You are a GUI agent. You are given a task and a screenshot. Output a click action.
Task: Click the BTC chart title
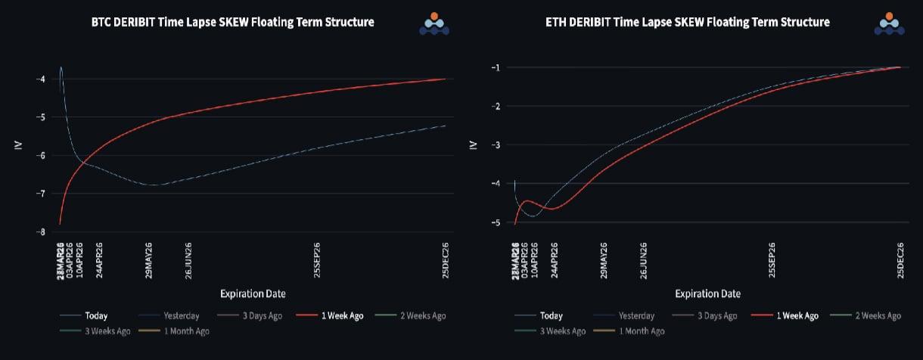click(232, 22)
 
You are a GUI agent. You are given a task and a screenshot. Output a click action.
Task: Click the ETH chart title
click(687, 22)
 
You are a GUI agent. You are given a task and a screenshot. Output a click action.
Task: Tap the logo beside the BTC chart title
click(434, 23)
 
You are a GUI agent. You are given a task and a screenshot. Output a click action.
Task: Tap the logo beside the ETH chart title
click(890, 23)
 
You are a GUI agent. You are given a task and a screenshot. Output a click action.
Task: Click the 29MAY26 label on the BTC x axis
click(149, 261)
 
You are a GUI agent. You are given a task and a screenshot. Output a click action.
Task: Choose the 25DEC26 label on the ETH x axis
click(900, 261)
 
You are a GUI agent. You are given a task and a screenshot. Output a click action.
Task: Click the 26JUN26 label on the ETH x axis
click(644, 261)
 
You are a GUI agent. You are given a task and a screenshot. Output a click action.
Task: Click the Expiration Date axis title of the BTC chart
click(253, 293)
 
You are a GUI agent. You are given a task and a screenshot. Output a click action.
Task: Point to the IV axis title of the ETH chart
click(474, 144)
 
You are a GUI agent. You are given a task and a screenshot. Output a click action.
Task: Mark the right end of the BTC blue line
click(445, 126)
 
